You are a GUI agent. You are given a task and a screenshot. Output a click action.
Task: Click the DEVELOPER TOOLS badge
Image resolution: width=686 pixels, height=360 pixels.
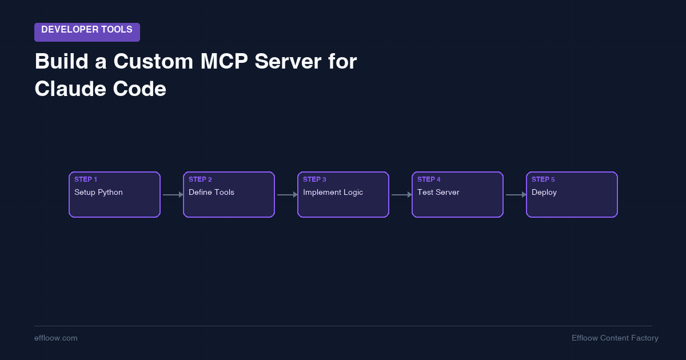click(x=87, y=32)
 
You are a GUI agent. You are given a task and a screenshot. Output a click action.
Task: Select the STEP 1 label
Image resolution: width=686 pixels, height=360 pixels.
click(x=86, y=179)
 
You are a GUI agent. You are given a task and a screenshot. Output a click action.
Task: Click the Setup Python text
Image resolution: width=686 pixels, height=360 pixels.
click(x=98, y=193)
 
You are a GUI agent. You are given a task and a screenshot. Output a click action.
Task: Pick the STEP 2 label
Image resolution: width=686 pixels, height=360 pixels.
click(x=200, y=179)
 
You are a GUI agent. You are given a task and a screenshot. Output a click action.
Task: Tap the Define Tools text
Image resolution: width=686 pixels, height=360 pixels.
click(x=212, y=193)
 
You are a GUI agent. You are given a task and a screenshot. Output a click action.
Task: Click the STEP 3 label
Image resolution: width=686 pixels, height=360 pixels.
click(x=314, y=179)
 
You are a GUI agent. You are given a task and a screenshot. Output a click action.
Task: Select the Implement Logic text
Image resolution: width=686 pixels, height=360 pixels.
click(x=333, y=193)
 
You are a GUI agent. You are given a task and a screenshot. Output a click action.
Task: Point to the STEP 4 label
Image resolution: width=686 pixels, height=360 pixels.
click(x=429, y=179)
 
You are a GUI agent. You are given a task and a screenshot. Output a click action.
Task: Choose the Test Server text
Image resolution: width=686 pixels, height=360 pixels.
click(x=438, y=193)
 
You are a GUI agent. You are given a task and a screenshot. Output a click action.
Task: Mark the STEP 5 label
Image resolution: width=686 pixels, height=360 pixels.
click(x=543, y=179)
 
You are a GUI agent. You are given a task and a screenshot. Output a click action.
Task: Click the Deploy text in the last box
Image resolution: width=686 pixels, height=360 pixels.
click(x=544, y=193)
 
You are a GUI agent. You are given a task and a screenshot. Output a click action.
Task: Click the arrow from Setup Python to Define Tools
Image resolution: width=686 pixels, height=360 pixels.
click(x=172, y=195)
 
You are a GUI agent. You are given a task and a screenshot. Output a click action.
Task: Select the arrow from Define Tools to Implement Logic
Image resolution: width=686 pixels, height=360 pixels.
click(x=286, y=195)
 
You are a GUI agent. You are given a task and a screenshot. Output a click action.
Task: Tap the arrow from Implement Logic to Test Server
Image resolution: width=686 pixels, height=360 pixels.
click(x=401, y=195)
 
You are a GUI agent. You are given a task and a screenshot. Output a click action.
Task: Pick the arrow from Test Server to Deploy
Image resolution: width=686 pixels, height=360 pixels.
click(x=515, y=195)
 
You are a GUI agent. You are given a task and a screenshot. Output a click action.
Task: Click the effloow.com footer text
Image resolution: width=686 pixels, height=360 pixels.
click(x=56, y=338)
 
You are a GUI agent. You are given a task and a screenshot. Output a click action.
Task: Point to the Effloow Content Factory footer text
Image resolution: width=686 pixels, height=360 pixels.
click(x=615, y=338)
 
